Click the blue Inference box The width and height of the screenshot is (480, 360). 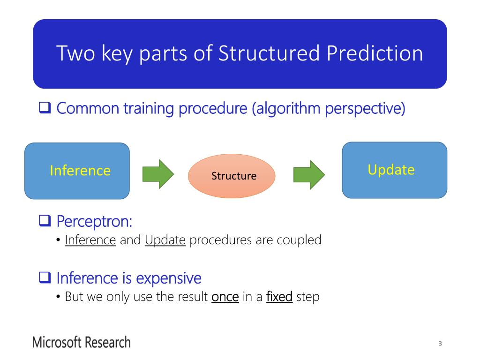[x=77, y=171]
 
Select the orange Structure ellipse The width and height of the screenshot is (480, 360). [x=232, y=176]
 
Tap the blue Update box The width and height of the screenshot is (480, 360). [x=395, y=170]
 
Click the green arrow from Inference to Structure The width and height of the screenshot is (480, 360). [x=158, y=174]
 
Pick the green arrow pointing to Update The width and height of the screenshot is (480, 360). [x=309, y=174]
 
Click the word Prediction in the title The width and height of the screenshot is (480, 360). [x=375, y=53]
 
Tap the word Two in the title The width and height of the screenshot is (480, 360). [x=75, y=53]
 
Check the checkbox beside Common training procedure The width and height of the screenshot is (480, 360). [x=45, y=107]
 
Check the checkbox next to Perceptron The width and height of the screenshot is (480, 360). [x=45, y=220]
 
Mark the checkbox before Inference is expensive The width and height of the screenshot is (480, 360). [x=45, y=277]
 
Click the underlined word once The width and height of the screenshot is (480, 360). [x=225, y=297]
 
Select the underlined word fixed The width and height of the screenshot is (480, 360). [x=279, y=296]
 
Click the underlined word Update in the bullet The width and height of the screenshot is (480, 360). [x=165, y=240]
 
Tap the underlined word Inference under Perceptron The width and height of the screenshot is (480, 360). [x=90, y=240]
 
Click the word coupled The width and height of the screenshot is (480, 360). [x=299, y=240]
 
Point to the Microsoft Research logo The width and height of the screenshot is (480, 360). [x=82, y=342]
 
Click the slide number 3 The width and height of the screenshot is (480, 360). [x=440, y=344]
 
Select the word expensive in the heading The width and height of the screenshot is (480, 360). [x=169, y=278]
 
